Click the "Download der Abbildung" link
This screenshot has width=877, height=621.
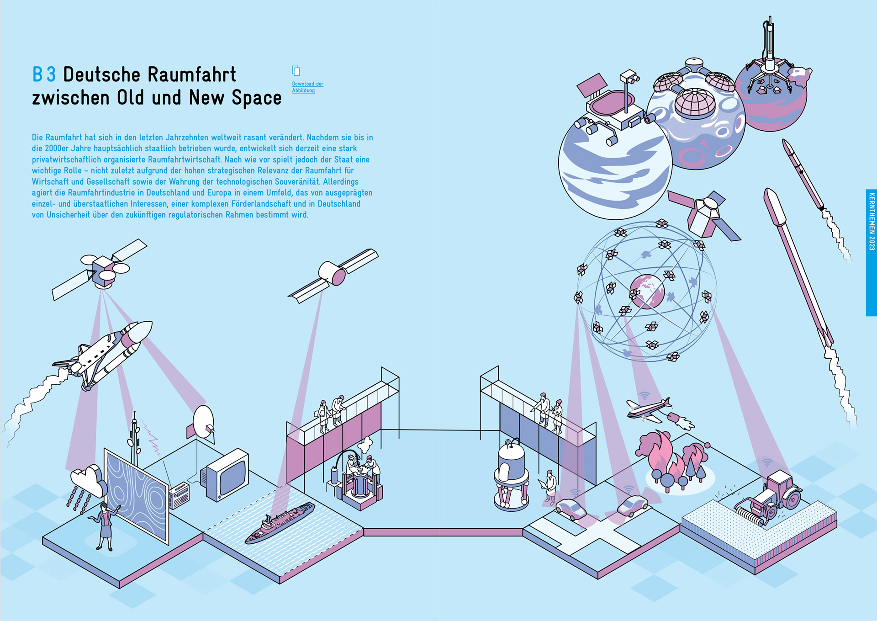click(x=307, y=87)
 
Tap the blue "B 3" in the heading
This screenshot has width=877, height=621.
click(x=44, y=74)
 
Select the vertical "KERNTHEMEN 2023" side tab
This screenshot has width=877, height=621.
click(x=871, y=252)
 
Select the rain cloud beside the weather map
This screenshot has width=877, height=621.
click(x=88, y=480)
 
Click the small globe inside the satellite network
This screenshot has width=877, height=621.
click(x=647, y=291)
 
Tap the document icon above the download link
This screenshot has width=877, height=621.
click(x=296, y=70)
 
